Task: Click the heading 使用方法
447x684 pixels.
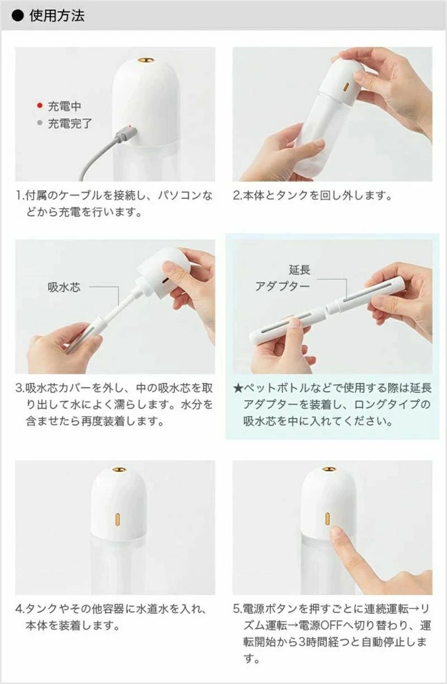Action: pos(56,16)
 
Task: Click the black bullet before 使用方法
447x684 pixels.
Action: pos(18,16)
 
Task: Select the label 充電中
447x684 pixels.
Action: pos(65,106)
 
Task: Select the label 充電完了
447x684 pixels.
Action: pos(70,123)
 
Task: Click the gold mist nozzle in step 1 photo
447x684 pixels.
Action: pos(145,59)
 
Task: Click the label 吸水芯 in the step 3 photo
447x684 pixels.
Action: pos(64,287)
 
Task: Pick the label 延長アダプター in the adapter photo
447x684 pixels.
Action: pos(283,278)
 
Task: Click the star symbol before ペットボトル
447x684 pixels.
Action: pos(238,388)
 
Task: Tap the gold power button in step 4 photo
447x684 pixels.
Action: pos(118,518)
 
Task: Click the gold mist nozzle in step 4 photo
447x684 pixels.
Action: pos(118,469)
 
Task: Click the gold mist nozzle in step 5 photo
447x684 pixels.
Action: pos(329,468)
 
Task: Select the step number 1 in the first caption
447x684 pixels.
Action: pos(18,197)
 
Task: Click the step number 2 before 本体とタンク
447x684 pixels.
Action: pos(236,197)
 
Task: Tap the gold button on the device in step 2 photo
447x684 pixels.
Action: pos(346,87)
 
